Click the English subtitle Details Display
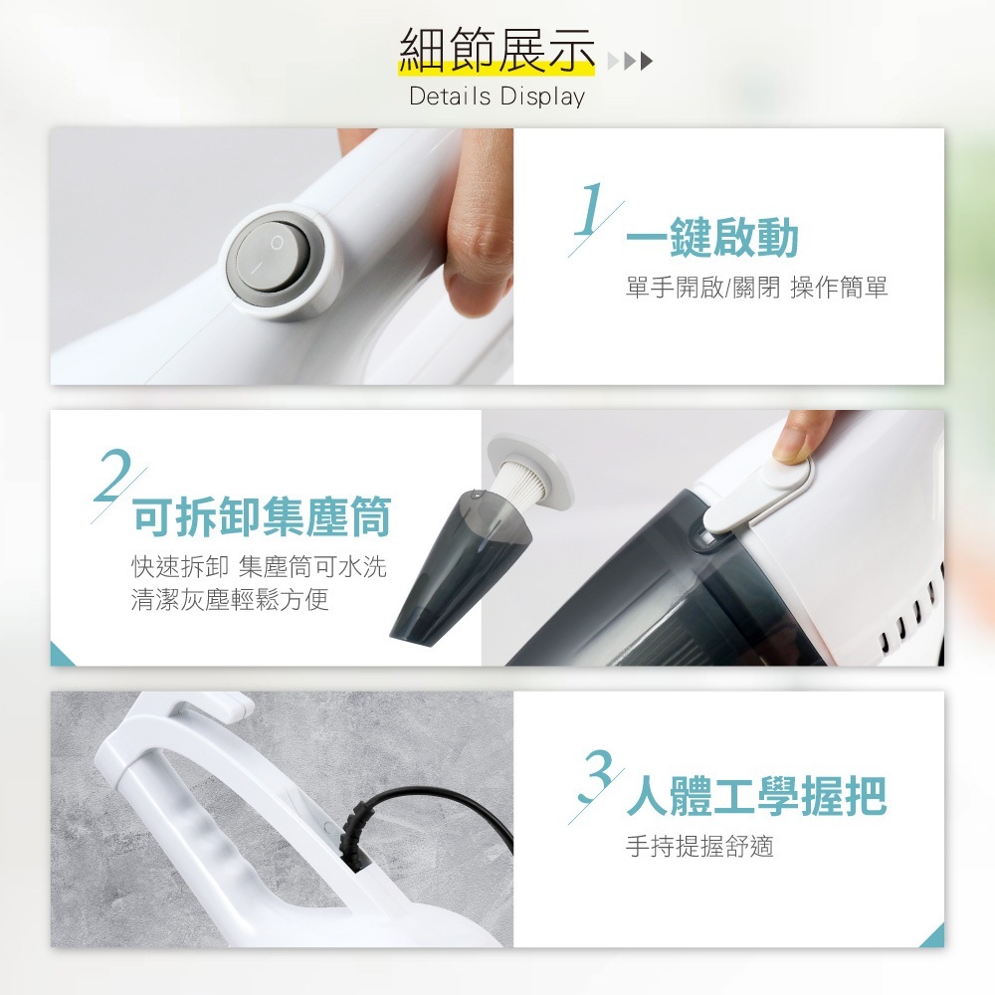[497, 97]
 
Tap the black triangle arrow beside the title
[647, 61]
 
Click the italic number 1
[588, 209]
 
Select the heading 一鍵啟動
[712, 237]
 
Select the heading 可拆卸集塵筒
[262, 517]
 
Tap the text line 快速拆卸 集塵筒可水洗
[259, 567]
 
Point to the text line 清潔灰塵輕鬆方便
[230, 600]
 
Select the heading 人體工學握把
[756, 795]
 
